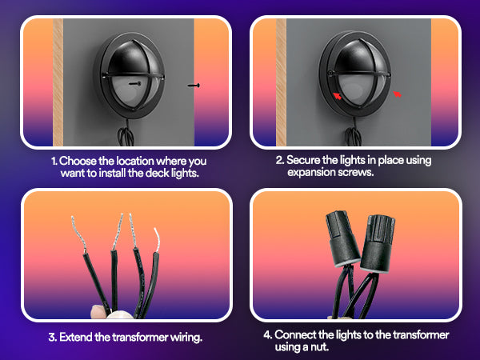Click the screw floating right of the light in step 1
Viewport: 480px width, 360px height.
(x=194, y=86)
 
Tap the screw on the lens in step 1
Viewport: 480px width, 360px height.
(x=135, y=83)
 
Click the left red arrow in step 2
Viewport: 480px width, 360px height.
(x=337, y=96)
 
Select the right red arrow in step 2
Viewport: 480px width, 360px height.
(x=397, y=94)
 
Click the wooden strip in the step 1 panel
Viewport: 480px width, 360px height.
(x=58, y=82)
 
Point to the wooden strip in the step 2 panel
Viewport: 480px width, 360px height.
(x=282, y=82)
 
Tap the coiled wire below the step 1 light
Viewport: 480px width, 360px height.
(x=126, y=134)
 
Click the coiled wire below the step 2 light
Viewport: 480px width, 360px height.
(x=354, y=134)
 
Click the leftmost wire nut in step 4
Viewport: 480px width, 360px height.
(x=342, y=238)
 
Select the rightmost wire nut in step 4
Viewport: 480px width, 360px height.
(x=378, y=243)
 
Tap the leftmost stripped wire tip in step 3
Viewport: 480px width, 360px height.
(x=78, y=234)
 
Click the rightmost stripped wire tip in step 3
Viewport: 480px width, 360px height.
(x=157, y=240)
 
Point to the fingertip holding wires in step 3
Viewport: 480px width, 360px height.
(x=98, y=311)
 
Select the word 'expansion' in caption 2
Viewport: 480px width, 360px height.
(x=311, y=172)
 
